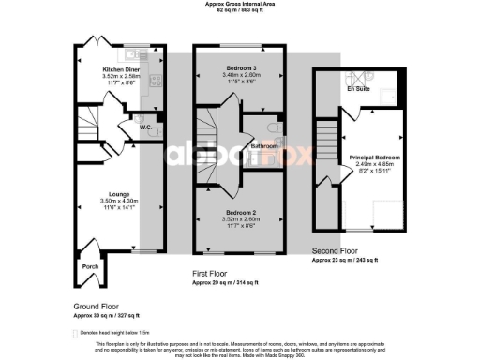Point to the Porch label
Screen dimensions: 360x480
pyautogui.click(x=91, y=266)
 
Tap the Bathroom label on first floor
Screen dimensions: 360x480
pyautogui.click(x=264, y=146)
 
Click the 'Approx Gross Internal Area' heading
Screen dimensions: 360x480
pyautogui.click(x=240, y=4)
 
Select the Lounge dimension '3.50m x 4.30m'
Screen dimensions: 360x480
pyautogui.click(x=118, y=201)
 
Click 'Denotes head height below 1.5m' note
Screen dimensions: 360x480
pyautogui.click(x=117, y=333)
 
